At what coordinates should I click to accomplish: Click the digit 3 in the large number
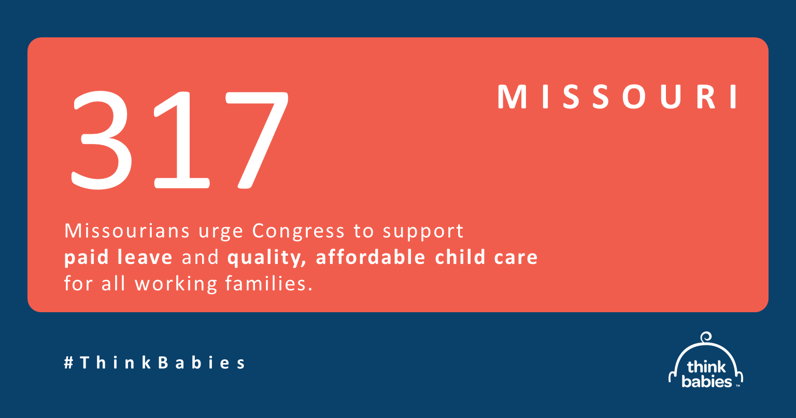tap(101, 140)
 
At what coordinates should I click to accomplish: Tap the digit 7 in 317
tap(257, 140)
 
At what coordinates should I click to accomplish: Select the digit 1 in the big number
tap(181, 140)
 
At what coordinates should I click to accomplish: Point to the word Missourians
tap(127, 231)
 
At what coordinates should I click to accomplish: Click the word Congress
tap(298, 232)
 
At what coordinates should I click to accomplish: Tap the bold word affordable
tap(371, 257)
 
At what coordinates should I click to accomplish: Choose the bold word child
tap(460, 257)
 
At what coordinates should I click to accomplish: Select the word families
tap(269, 284)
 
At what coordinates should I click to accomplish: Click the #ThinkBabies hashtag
tap(154, 363)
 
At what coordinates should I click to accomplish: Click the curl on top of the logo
tap(706, 337)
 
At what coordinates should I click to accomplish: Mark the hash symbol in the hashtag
tap(68, 363)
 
